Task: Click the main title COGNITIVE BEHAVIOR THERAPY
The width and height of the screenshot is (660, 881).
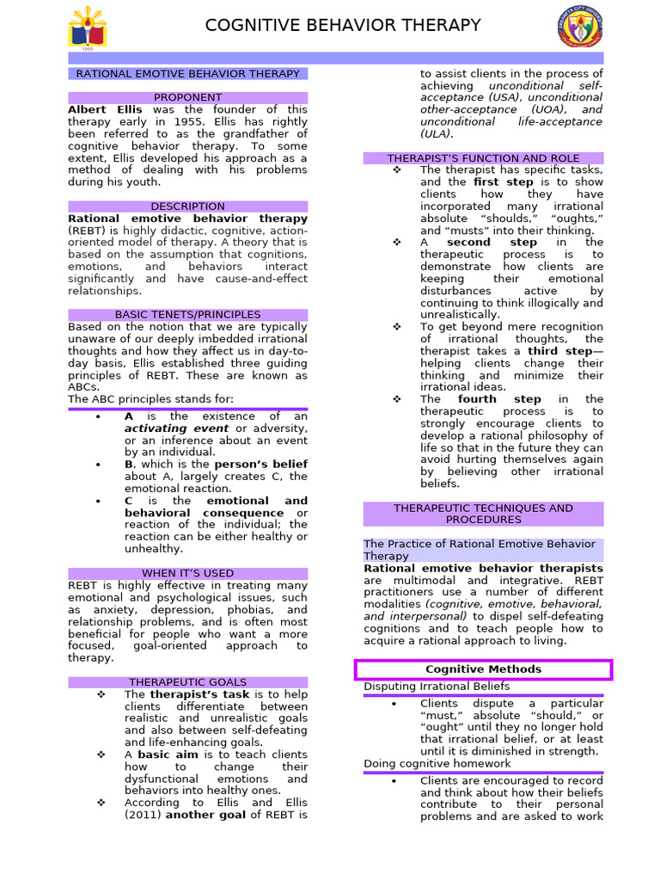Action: click(x=343, y=26)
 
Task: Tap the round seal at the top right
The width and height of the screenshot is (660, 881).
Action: click(x=580, y=27)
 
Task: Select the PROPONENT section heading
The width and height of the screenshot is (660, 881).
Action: click(x=187, y=97)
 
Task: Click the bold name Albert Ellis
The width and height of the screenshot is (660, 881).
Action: click(x=105, y=109)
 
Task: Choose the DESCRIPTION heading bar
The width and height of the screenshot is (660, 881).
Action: click(x=187, y=206)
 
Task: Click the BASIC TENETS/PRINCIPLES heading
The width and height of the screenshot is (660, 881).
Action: click(x=187, y=315)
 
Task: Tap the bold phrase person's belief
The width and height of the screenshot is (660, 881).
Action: click(x=260, y=465)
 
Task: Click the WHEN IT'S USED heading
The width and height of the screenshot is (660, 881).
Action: click(x=187, y=573)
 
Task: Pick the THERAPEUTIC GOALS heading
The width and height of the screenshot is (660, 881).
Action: click(x=187, y=682)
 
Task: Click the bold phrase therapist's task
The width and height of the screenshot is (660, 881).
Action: click(x=199, y=694)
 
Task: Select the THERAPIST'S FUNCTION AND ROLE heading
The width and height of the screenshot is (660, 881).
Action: click(x=483, y=158)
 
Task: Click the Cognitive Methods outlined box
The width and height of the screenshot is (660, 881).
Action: click(x=483, y=669)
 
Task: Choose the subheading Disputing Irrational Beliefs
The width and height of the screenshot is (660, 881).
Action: click(x=437, y=687)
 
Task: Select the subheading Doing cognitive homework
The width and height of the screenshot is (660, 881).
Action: click(x=437, y=763)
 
